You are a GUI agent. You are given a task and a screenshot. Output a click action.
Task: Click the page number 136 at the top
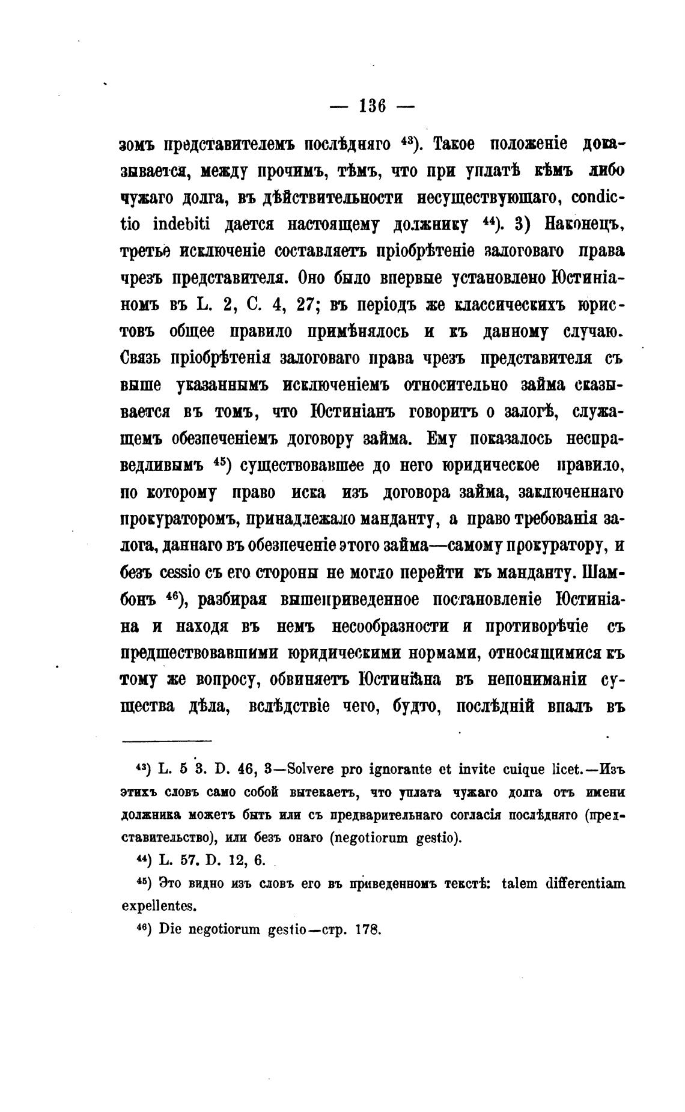click(372, 106)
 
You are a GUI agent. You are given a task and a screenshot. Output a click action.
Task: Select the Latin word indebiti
click(182, 224)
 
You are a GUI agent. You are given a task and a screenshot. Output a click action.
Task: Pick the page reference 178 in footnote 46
click(367, 929)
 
